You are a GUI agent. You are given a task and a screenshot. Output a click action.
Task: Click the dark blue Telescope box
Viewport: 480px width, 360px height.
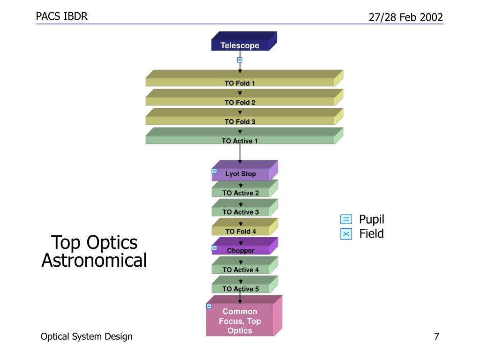pos(244,41)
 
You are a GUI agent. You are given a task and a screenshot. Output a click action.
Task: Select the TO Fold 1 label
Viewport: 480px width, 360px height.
pos(240,83)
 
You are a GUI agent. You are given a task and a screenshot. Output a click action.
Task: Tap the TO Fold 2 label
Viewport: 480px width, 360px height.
pos(240,103)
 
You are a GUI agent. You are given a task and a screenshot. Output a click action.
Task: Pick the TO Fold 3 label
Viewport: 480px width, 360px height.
pos(240,122)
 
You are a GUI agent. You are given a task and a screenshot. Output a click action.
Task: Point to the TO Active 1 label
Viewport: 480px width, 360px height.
pos(240,141)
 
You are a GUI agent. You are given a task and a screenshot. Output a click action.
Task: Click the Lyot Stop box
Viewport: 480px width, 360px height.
pos(245,171)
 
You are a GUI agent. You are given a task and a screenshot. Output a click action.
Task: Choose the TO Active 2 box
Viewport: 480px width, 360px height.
pos(245,188)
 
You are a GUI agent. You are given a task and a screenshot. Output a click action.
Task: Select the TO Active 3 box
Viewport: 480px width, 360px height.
pos(245,208)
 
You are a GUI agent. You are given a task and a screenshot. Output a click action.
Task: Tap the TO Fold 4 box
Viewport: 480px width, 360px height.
pos(245,227)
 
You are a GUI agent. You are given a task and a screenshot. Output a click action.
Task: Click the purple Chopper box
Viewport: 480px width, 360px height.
pos(245,246)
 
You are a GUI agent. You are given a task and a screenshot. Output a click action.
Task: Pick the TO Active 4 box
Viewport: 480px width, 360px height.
pos(245,265)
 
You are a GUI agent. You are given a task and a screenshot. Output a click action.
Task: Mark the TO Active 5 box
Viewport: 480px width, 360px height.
pos(245,285)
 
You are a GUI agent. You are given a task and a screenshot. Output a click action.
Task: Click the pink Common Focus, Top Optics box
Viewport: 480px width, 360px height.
pos(244,316)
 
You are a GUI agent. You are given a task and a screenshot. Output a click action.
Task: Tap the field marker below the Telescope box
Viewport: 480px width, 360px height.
pos(240,60)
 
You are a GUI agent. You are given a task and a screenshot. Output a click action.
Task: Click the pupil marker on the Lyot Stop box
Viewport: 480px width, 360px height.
pos(214,171)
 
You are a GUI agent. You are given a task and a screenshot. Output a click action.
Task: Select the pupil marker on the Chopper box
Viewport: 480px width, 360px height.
pos(214,248)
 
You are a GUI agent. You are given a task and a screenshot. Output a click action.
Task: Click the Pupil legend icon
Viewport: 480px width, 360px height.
pos(346,219)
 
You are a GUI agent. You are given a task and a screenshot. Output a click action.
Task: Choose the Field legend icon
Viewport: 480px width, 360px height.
pos(346,234)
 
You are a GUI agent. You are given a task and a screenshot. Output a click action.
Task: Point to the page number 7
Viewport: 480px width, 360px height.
pos(436,337)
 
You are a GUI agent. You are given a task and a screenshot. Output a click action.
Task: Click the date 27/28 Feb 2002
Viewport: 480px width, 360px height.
pos(406,17)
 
